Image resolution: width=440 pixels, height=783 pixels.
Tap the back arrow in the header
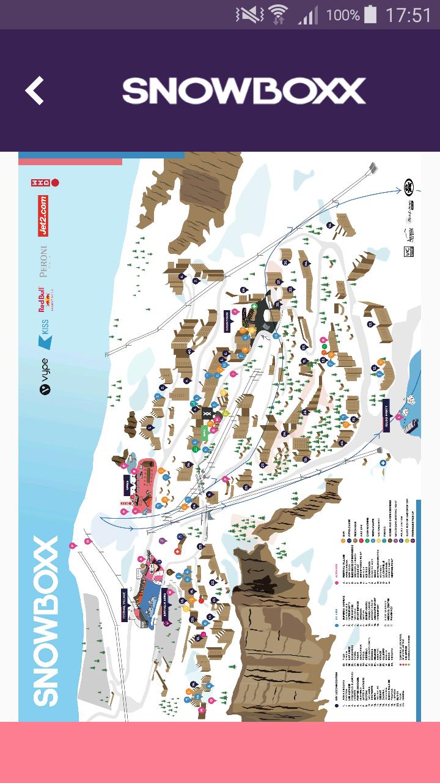pyautogui.click(x=35, y=91)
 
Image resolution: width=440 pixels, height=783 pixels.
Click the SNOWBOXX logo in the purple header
pyautogui.click(x=244, y=91)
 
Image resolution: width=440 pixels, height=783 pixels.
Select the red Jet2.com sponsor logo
pyautogui.click(x=43, y=216)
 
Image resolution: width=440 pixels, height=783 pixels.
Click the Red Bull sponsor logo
pyautogui.click(x=43, y=300)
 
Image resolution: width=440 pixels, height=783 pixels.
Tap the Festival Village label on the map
pyautogui.click(x=124, y=606)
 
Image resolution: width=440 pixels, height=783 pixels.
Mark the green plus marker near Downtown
pyautogui.click(x=254, y=306)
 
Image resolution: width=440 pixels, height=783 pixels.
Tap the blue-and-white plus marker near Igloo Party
pyautogui.click(x=383, y=464)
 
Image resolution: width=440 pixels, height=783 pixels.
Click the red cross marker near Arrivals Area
pyautogui.click(x=177, y=551)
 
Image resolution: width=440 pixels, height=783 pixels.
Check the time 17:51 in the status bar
pyautogui.click(x=408, y=15)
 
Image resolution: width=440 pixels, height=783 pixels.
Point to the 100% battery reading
pyautogui.click(x=343, y=15)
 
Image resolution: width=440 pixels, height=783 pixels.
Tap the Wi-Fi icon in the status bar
pyautogui.click(x=279, y=14)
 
